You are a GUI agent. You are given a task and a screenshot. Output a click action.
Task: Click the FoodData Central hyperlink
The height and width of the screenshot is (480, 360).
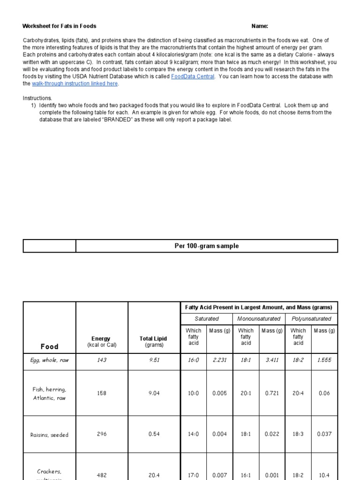(193, 76)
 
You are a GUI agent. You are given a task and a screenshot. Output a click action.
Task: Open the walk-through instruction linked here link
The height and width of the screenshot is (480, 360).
(75, 83)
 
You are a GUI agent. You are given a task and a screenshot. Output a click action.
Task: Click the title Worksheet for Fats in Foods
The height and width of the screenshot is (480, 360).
(60, 26)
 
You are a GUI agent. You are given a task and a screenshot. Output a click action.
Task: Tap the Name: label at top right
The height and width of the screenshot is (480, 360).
(260, 26)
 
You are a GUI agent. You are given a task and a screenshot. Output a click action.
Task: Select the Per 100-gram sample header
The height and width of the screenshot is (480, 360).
(206, 246)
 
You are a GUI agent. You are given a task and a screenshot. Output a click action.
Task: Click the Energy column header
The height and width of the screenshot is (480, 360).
(101, 342)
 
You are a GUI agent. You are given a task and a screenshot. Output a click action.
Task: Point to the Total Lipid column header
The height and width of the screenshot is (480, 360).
(153, 342)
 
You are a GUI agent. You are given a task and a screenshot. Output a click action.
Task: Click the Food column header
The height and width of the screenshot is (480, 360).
(49, 347)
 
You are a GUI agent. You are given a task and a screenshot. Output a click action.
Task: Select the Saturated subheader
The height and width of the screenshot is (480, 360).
(206, 319)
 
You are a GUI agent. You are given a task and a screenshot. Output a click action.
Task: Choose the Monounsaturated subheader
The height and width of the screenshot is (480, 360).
(259, 319)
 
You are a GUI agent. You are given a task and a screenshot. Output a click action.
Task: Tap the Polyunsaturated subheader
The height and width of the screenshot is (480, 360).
(311, 319)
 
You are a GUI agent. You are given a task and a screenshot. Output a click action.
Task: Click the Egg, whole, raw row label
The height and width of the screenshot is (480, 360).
(49, 360)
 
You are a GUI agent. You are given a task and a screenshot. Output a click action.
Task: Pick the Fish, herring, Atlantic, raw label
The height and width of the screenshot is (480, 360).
(49, 394)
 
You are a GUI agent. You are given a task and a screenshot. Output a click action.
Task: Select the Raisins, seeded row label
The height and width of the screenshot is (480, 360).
(49, 435)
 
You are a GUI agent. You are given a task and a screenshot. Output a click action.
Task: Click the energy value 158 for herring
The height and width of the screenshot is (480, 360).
(101, 393)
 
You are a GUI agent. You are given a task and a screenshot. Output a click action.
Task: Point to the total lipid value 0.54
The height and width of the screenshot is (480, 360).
(154, 434)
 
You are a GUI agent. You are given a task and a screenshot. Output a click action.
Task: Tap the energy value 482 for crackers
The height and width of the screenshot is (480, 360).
(101, 475)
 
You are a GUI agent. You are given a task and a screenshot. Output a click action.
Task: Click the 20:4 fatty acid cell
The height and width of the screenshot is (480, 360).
(298, 393)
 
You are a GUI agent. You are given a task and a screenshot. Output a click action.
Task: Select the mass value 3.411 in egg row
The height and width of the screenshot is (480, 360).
(271, 360)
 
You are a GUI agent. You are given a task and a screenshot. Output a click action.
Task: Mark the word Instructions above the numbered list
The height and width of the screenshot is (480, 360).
(37, 98)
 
